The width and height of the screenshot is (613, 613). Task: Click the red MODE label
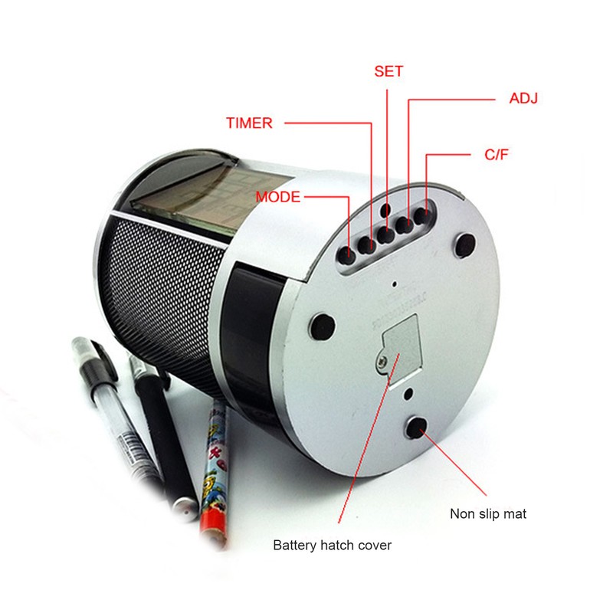(278, 197)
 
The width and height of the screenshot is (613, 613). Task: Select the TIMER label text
(249, 123)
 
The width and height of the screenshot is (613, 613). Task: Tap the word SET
(388, 71)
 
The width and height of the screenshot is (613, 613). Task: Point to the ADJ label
(523, 99)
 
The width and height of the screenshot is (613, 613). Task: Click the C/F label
(497, 155)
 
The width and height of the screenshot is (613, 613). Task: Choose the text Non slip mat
(487, 513)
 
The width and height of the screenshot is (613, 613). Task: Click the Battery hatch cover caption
(333, 546)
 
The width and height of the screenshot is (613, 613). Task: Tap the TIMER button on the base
(369, 244)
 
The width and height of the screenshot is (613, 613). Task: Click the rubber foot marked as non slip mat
(418, 428)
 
